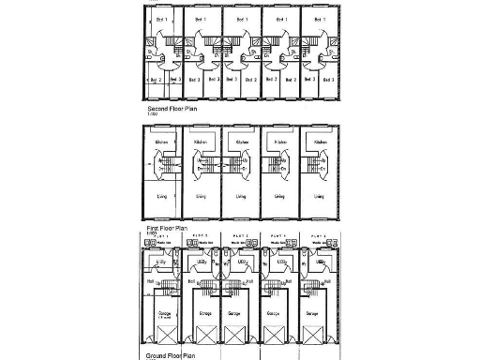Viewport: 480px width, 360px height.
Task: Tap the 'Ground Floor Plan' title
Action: [169, 356]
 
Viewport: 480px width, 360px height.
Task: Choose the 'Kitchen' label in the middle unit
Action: [241, 142]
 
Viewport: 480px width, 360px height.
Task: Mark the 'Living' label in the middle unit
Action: [240, 197]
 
